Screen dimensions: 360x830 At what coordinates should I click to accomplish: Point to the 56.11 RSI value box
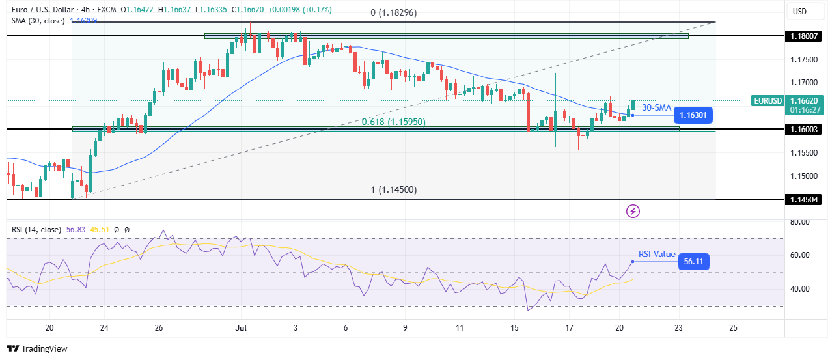coord(693,262)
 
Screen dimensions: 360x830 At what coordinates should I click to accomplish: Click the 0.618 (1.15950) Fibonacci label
coord(390,121)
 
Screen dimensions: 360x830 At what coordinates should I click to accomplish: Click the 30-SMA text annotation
coord(656,107)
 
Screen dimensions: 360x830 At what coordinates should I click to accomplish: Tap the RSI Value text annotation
coord(656,255)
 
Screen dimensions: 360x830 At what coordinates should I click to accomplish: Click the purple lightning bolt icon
coord(633,211)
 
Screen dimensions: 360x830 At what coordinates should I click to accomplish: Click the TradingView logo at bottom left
coord(37,348)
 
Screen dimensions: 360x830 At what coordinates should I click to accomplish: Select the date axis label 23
coord(679,327)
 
